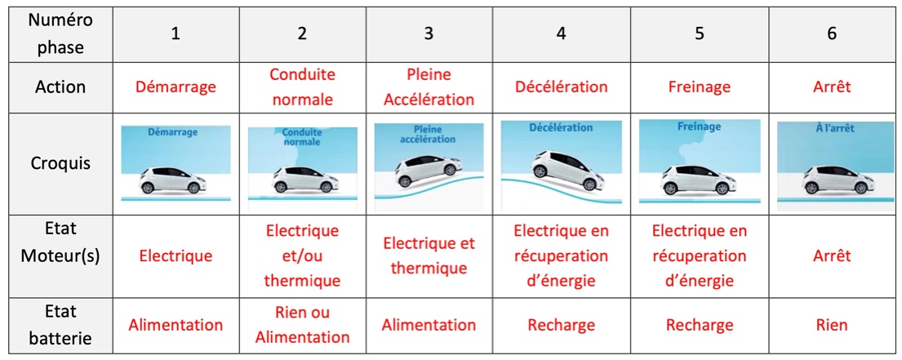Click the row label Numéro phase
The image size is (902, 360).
(60, 33)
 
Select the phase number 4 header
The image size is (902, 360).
(562, 33)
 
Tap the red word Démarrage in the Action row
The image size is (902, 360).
(176, 87)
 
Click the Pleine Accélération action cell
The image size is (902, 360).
(429, 87)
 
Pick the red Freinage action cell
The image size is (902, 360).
(700, 87)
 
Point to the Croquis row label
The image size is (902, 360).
(60, 164)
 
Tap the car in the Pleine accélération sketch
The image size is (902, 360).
(429, 170)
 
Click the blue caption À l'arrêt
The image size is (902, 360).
(832, 129)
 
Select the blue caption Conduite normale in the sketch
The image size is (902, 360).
(302, 136)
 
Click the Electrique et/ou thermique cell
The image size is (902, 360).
(302, 256)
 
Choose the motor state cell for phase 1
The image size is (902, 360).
(176, 256)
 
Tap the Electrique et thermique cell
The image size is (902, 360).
(429, 256)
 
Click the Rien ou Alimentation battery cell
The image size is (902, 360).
(302, 326)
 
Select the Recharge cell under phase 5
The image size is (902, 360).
(700, 326)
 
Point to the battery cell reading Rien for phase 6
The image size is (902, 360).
(832, 326)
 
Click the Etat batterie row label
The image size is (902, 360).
(60, 326)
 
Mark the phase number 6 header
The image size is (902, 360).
(832, 33)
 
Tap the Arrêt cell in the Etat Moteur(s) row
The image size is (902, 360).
(832, 256)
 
